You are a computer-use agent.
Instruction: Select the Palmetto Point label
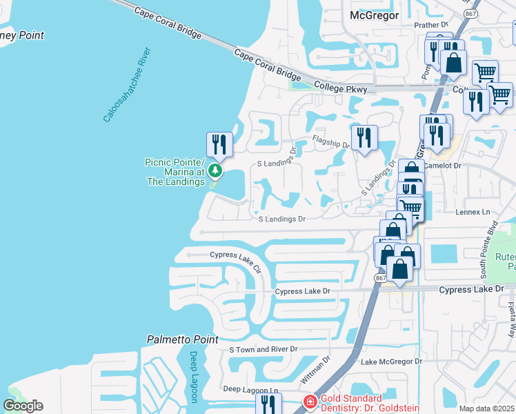183,339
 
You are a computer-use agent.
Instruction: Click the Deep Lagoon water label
194,377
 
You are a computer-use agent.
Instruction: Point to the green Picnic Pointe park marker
216,170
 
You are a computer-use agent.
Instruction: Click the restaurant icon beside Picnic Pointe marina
219,144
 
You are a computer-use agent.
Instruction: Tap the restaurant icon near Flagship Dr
364,137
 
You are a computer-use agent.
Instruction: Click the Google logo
22,406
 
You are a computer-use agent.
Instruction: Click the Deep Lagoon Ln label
250,389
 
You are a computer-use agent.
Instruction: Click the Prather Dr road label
431,25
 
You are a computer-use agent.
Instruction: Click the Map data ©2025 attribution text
486,408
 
